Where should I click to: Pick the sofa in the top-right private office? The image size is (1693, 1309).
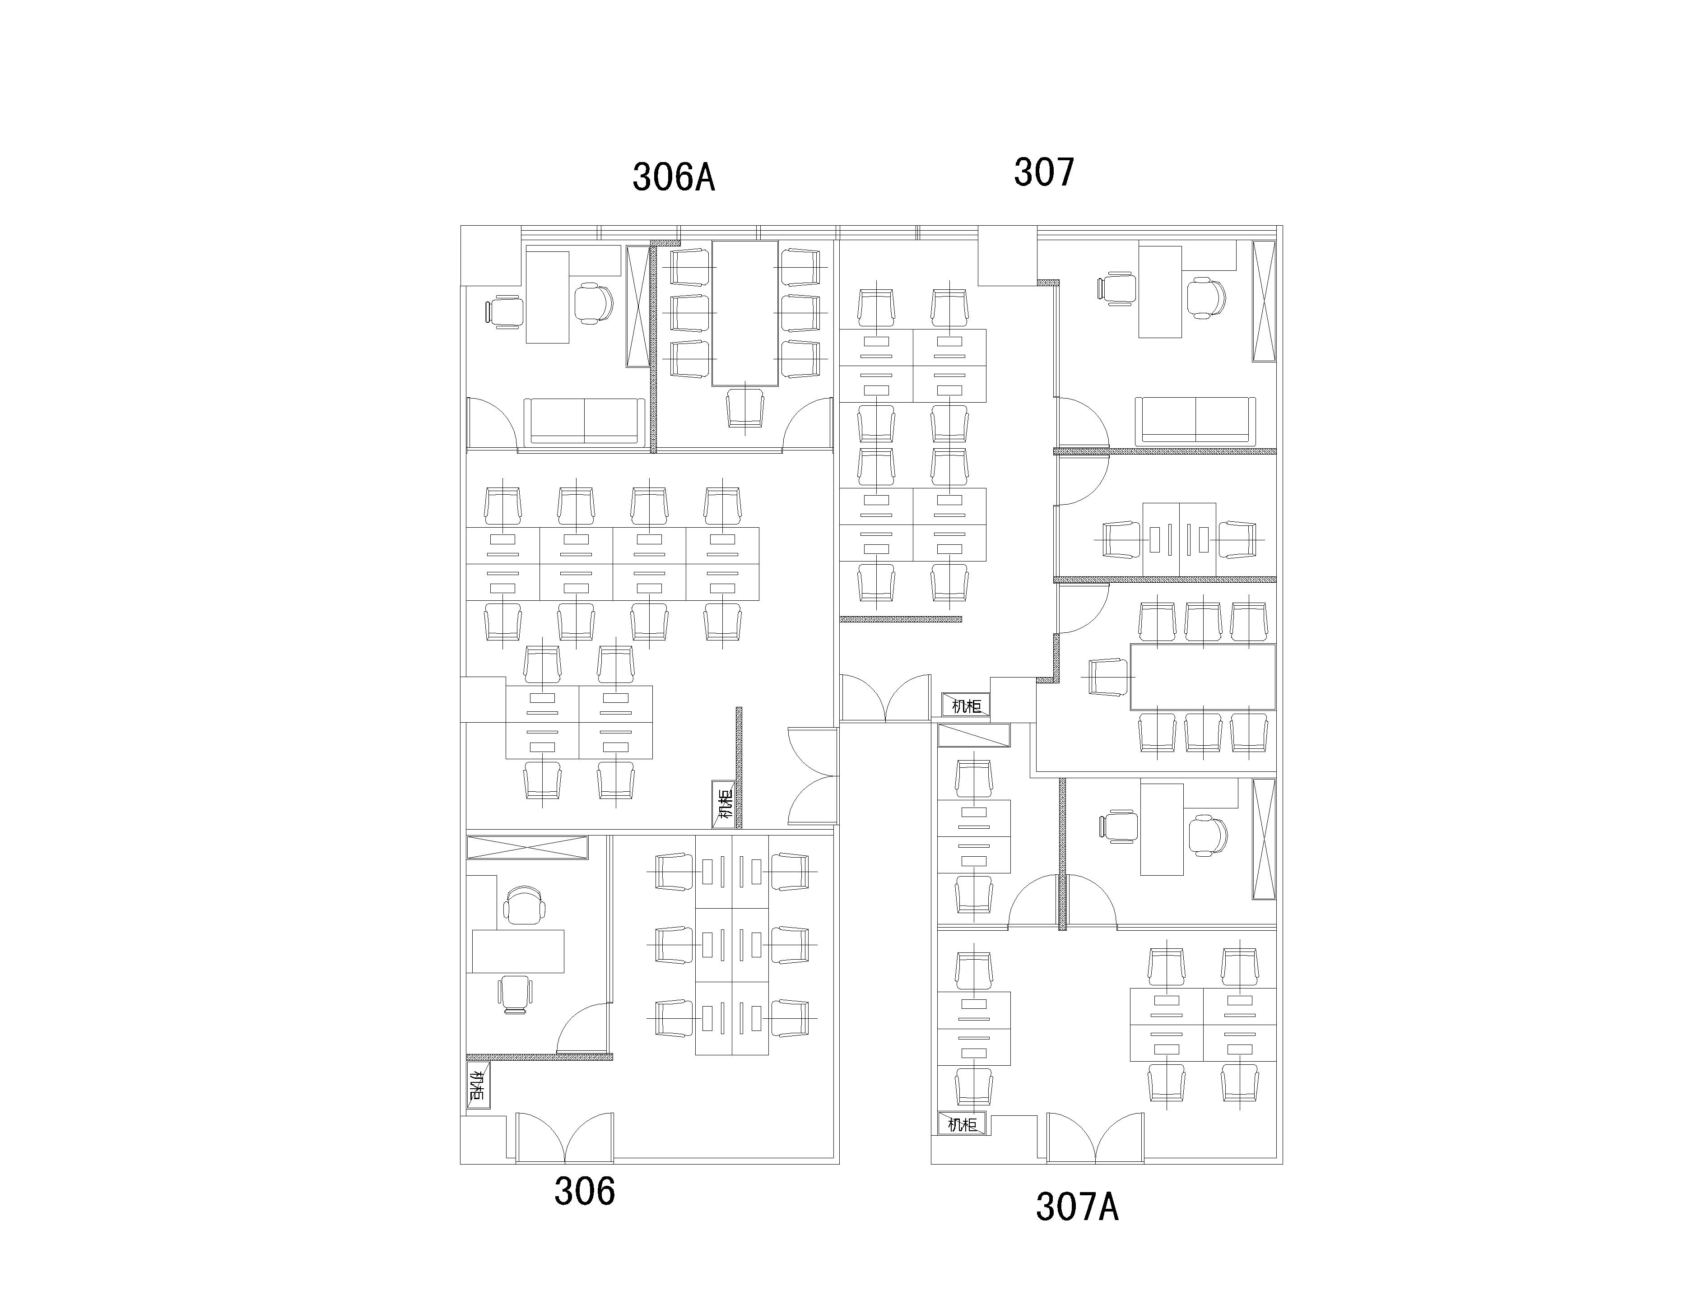pyautogui.click(x=1195, y=421)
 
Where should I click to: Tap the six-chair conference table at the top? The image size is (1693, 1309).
pyautogui.click(x=745, y=313)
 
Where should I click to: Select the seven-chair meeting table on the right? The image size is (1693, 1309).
pyautogui.click(x=1202, y=677)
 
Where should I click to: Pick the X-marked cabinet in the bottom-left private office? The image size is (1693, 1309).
pyautogui.click(x=527, y=847)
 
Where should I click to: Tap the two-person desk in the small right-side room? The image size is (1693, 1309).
pyautogui.click(x=1179, y=539)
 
